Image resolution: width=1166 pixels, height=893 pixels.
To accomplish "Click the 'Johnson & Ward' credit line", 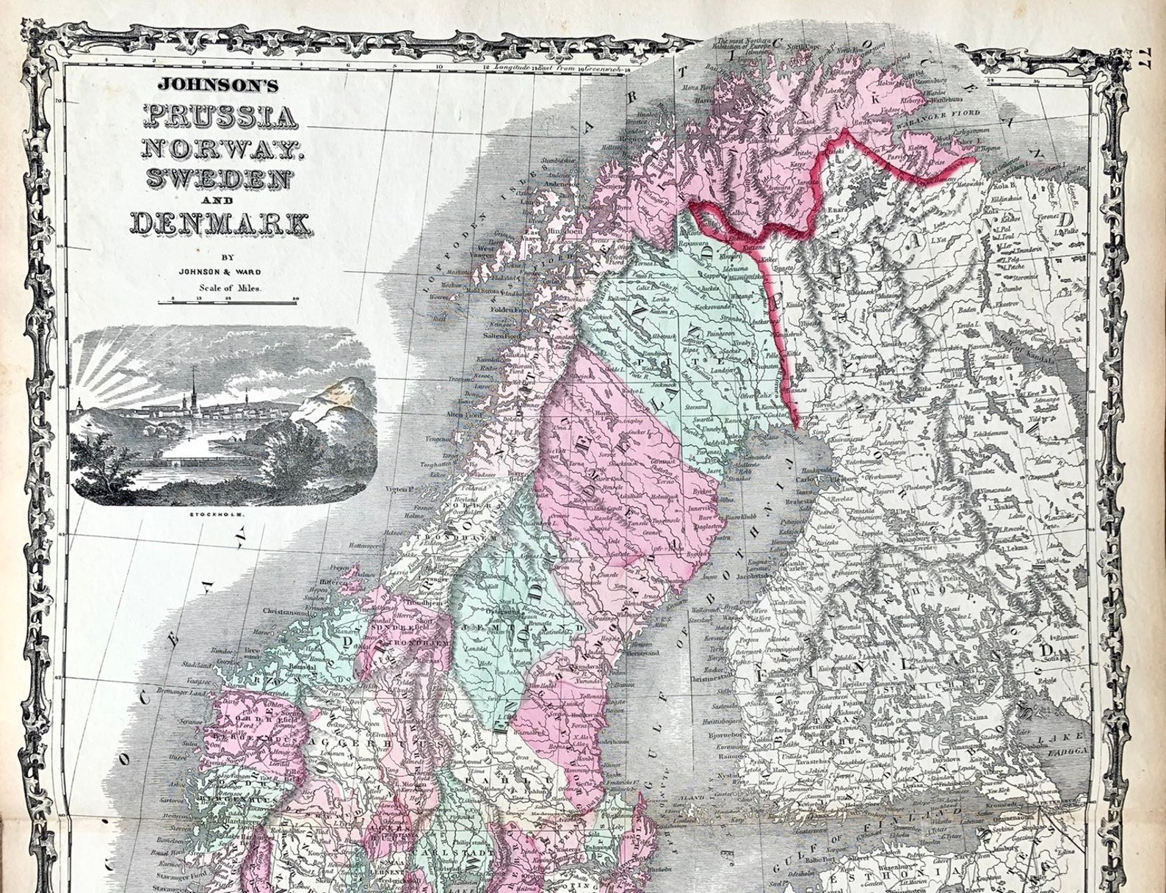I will click(x=220, y=272).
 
